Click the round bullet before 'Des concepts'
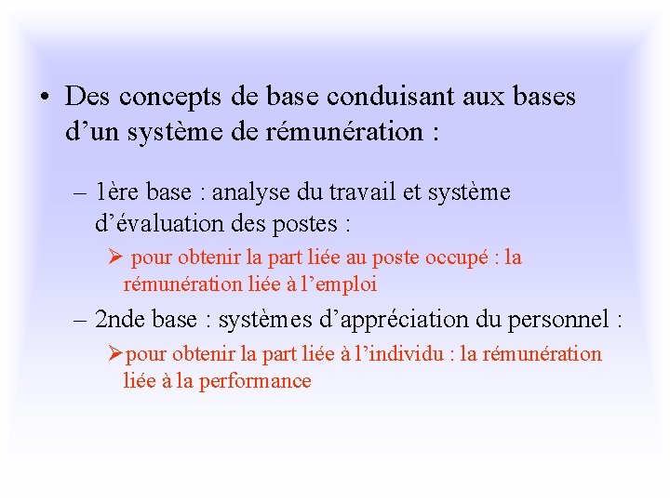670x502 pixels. click(x=45, y=97)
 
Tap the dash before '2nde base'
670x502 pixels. click(x=79, y=320)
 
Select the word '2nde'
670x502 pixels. click(x=120, y=320)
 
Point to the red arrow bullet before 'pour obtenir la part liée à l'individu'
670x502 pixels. click(x=114, y=354)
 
